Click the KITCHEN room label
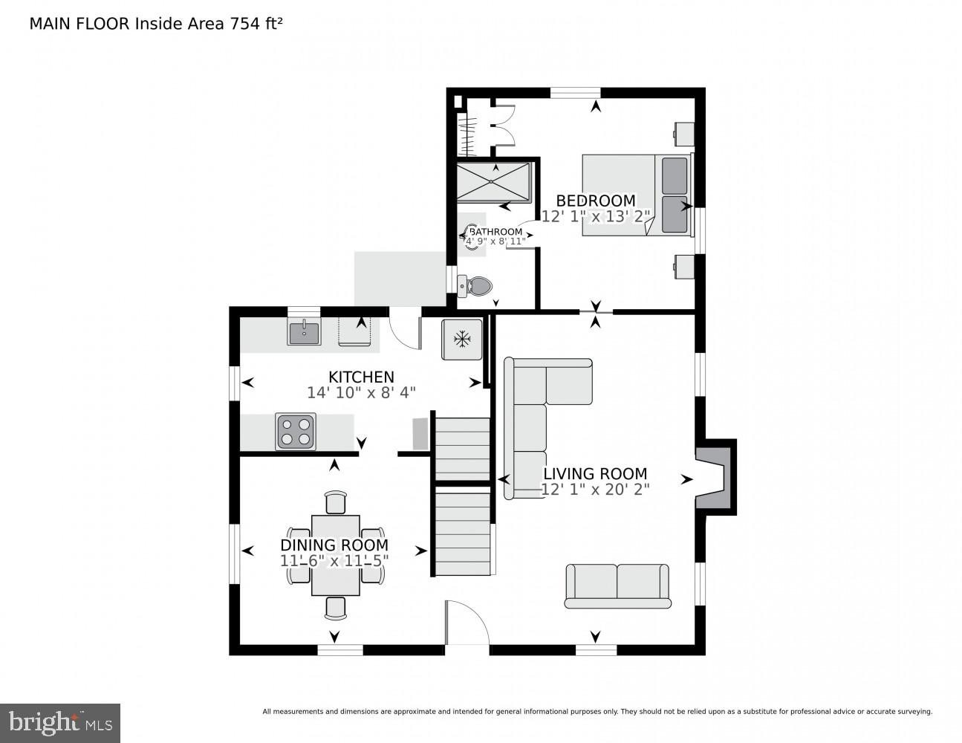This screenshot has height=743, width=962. click(x=361, y=377)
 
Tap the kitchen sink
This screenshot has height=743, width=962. click(x=304, y=332)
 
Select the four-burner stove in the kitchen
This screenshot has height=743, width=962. click(x=296, y=432)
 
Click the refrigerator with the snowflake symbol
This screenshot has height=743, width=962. click(x=462, y=340)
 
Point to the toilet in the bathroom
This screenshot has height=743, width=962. click(x=475, y=285)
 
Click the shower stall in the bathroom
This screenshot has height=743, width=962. click(x=493, y=182)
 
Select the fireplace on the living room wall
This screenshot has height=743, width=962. click(x=715, y=476)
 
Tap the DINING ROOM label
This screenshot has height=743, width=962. click(x=334, y=545)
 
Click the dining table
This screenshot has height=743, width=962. click(x=335, y=555)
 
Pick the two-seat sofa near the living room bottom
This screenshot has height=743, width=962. click(x=617, y=585)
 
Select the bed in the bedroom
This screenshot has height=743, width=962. click(x=636, y=194)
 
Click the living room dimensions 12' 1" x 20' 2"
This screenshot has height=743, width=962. click(x=595, y=490)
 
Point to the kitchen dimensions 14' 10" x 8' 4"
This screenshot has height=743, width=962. click(x=361, y=392)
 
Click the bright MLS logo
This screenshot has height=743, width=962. click(x=60, y=722)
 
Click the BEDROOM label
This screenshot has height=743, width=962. click(x=596, y=201)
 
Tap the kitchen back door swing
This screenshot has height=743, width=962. click(x=405, y=331)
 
